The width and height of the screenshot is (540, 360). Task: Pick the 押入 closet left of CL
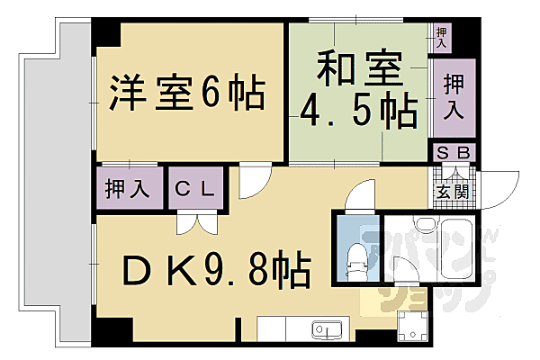[129, 189]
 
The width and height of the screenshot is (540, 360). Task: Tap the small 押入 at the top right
[441, 37]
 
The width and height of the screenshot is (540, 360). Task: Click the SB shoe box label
[454, 153]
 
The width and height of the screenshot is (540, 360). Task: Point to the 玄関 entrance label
[453, 190]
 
